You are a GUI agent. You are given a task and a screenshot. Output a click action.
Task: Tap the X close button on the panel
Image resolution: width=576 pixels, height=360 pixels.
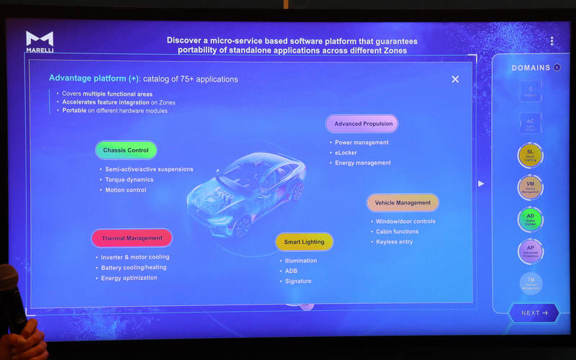[x=455, y=79]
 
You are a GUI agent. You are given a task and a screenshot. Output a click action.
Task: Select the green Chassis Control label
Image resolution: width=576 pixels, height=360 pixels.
[x=125, y=150]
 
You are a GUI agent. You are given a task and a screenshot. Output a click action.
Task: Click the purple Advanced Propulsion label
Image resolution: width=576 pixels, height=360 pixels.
[x=363, y=124]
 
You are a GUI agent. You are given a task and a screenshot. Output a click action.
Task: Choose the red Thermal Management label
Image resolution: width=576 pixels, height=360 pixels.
[x=132, y=238]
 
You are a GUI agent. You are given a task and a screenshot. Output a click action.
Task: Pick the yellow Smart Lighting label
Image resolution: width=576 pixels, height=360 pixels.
[x=304, y=242]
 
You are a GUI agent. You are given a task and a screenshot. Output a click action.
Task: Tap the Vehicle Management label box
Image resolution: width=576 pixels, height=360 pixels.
[x=402, y=202]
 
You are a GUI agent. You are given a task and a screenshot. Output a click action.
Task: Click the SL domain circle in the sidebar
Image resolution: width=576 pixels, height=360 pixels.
[x=530, y=155]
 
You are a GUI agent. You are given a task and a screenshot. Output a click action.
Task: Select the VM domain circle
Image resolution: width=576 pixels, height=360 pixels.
[x=530, y=186]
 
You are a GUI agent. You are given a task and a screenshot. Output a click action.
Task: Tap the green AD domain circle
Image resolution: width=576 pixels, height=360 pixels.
[x=530, y=218]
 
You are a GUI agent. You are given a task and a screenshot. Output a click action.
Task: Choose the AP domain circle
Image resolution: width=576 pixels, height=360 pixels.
[x=530, y=250]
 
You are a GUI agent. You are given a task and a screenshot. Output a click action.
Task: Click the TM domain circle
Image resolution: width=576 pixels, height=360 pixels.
[x=530, y=282]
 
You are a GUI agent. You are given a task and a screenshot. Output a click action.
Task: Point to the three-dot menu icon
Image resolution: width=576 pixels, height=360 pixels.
[x=552, y=42]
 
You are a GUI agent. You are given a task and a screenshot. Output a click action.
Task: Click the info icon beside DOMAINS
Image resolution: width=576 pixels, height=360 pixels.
[x=557, y=68]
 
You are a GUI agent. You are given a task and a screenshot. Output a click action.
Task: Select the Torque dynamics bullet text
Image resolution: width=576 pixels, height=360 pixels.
[x=129, y=179]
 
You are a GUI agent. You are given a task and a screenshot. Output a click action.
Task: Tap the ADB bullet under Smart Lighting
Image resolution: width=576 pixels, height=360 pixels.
[x=292, y=271]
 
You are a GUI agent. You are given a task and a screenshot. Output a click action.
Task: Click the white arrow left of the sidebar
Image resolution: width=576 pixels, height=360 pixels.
[x=481, y=184]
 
